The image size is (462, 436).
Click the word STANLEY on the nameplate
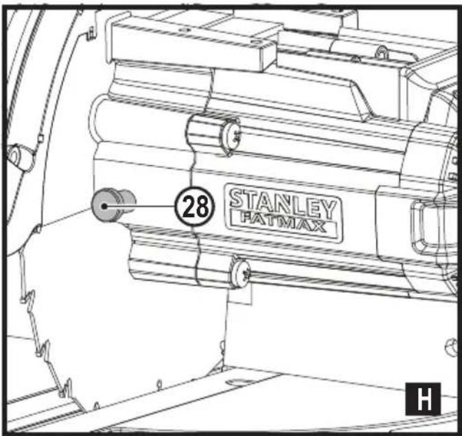(x=284, y=204)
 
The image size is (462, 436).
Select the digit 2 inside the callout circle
(x=191, y=206)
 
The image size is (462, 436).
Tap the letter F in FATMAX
(x=246, y=219)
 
